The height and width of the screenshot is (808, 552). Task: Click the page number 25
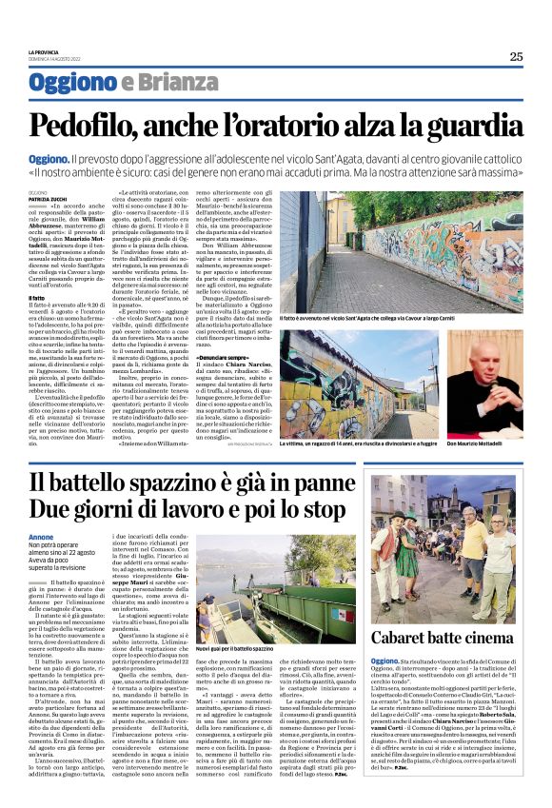pyautogui.click(x=516, y=56)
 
